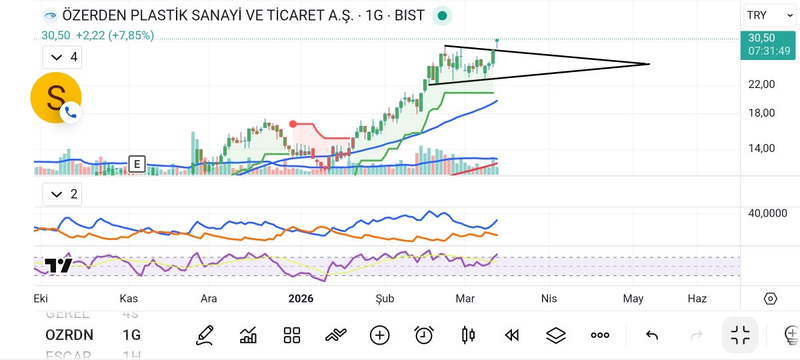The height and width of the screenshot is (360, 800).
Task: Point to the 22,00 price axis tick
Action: [762, 84]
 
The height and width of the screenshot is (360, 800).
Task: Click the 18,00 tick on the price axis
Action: [762, 113]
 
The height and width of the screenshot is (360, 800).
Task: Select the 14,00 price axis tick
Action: [762, 148]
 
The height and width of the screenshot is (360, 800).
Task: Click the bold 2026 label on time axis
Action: [301, 299]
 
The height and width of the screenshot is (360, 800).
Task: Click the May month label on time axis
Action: [633, 299]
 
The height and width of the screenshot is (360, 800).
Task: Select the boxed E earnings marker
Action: [137, 164]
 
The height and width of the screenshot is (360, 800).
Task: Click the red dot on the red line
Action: [293, 124]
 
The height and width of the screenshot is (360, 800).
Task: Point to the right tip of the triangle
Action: [649, 64]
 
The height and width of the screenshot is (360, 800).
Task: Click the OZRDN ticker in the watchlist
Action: [69, 335]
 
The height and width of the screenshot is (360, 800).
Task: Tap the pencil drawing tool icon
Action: [205, 335]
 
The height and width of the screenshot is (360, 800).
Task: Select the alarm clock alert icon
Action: [424, 335]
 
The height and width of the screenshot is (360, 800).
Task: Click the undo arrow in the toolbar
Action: [652, 335]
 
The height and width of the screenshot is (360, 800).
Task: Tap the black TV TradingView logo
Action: [58, 265]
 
